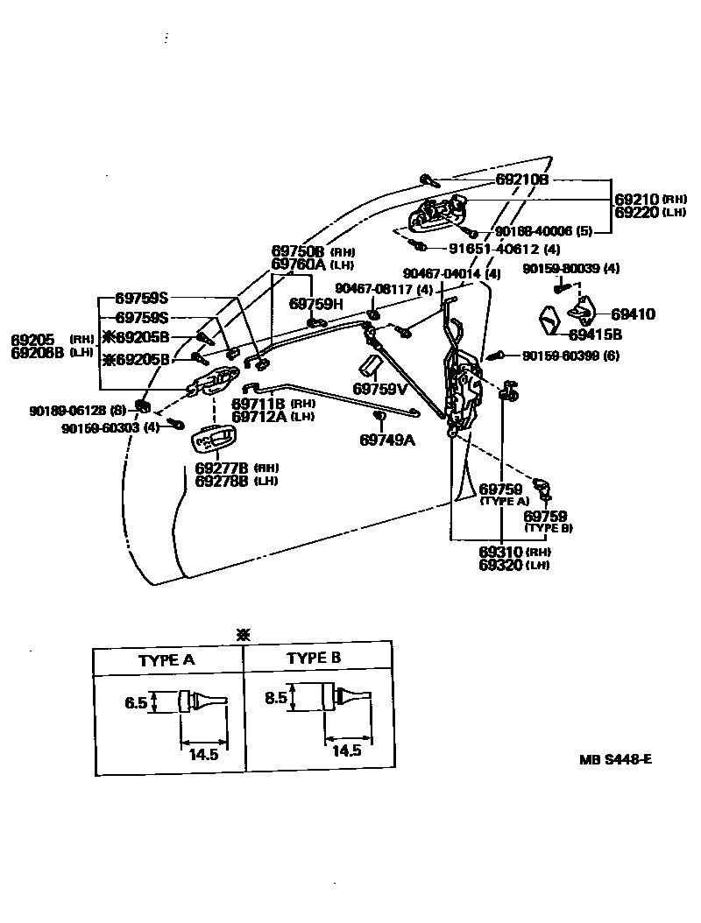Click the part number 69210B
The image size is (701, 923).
pyautogui.click(x=521, y=180)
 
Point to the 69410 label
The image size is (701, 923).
pyautogui.click(x=633, y=314)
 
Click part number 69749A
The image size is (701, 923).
pyautogui.click(x=386, y=440)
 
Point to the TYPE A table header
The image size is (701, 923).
pyautogui.click(x=166, y=660)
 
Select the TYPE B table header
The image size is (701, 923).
pyautogui.click(x=314, y=659)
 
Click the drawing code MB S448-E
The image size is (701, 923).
pyautogui.click(x=614, y=758)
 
